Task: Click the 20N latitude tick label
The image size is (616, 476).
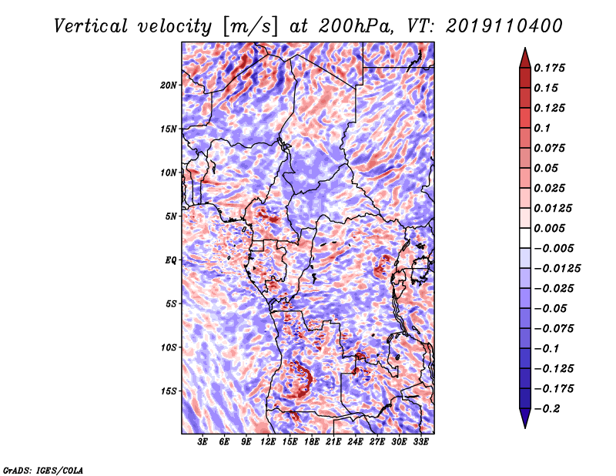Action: click(169, 85)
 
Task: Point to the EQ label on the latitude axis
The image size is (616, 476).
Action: click(171, 260)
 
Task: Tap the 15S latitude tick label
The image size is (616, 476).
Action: click(169, 391)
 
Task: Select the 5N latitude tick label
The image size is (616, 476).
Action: click(171, 216)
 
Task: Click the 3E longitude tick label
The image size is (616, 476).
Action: click(203, 442)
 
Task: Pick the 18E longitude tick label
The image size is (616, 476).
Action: click(311, 442)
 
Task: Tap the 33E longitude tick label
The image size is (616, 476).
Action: click(420, 442)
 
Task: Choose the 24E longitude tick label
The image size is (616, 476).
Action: click(355, 442)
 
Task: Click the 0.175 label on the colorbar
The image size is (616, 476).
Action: click(549, 68)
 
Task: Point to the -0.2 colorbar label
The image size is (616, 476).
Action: click(547, 409)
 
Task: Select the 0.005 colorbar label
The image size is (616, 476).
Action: click(549, 228)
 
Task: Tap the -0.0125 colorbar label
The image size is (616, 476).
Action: click(557, 269)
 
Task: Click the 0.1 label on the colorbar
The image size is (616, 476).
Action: click(542, 128)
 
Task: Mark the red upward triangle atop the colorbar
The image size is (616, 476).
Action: click(525, 59)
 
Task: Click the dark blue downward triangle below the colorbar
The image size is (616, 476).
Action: click(525, 418)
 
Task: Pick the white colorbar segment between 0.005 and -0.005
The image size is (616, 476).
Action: click(525, 238)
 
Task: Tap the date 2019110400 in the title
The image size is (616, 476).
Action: click(504, 26)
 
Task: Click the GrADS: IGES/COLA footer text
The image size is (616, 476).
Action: click(43, 470)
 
